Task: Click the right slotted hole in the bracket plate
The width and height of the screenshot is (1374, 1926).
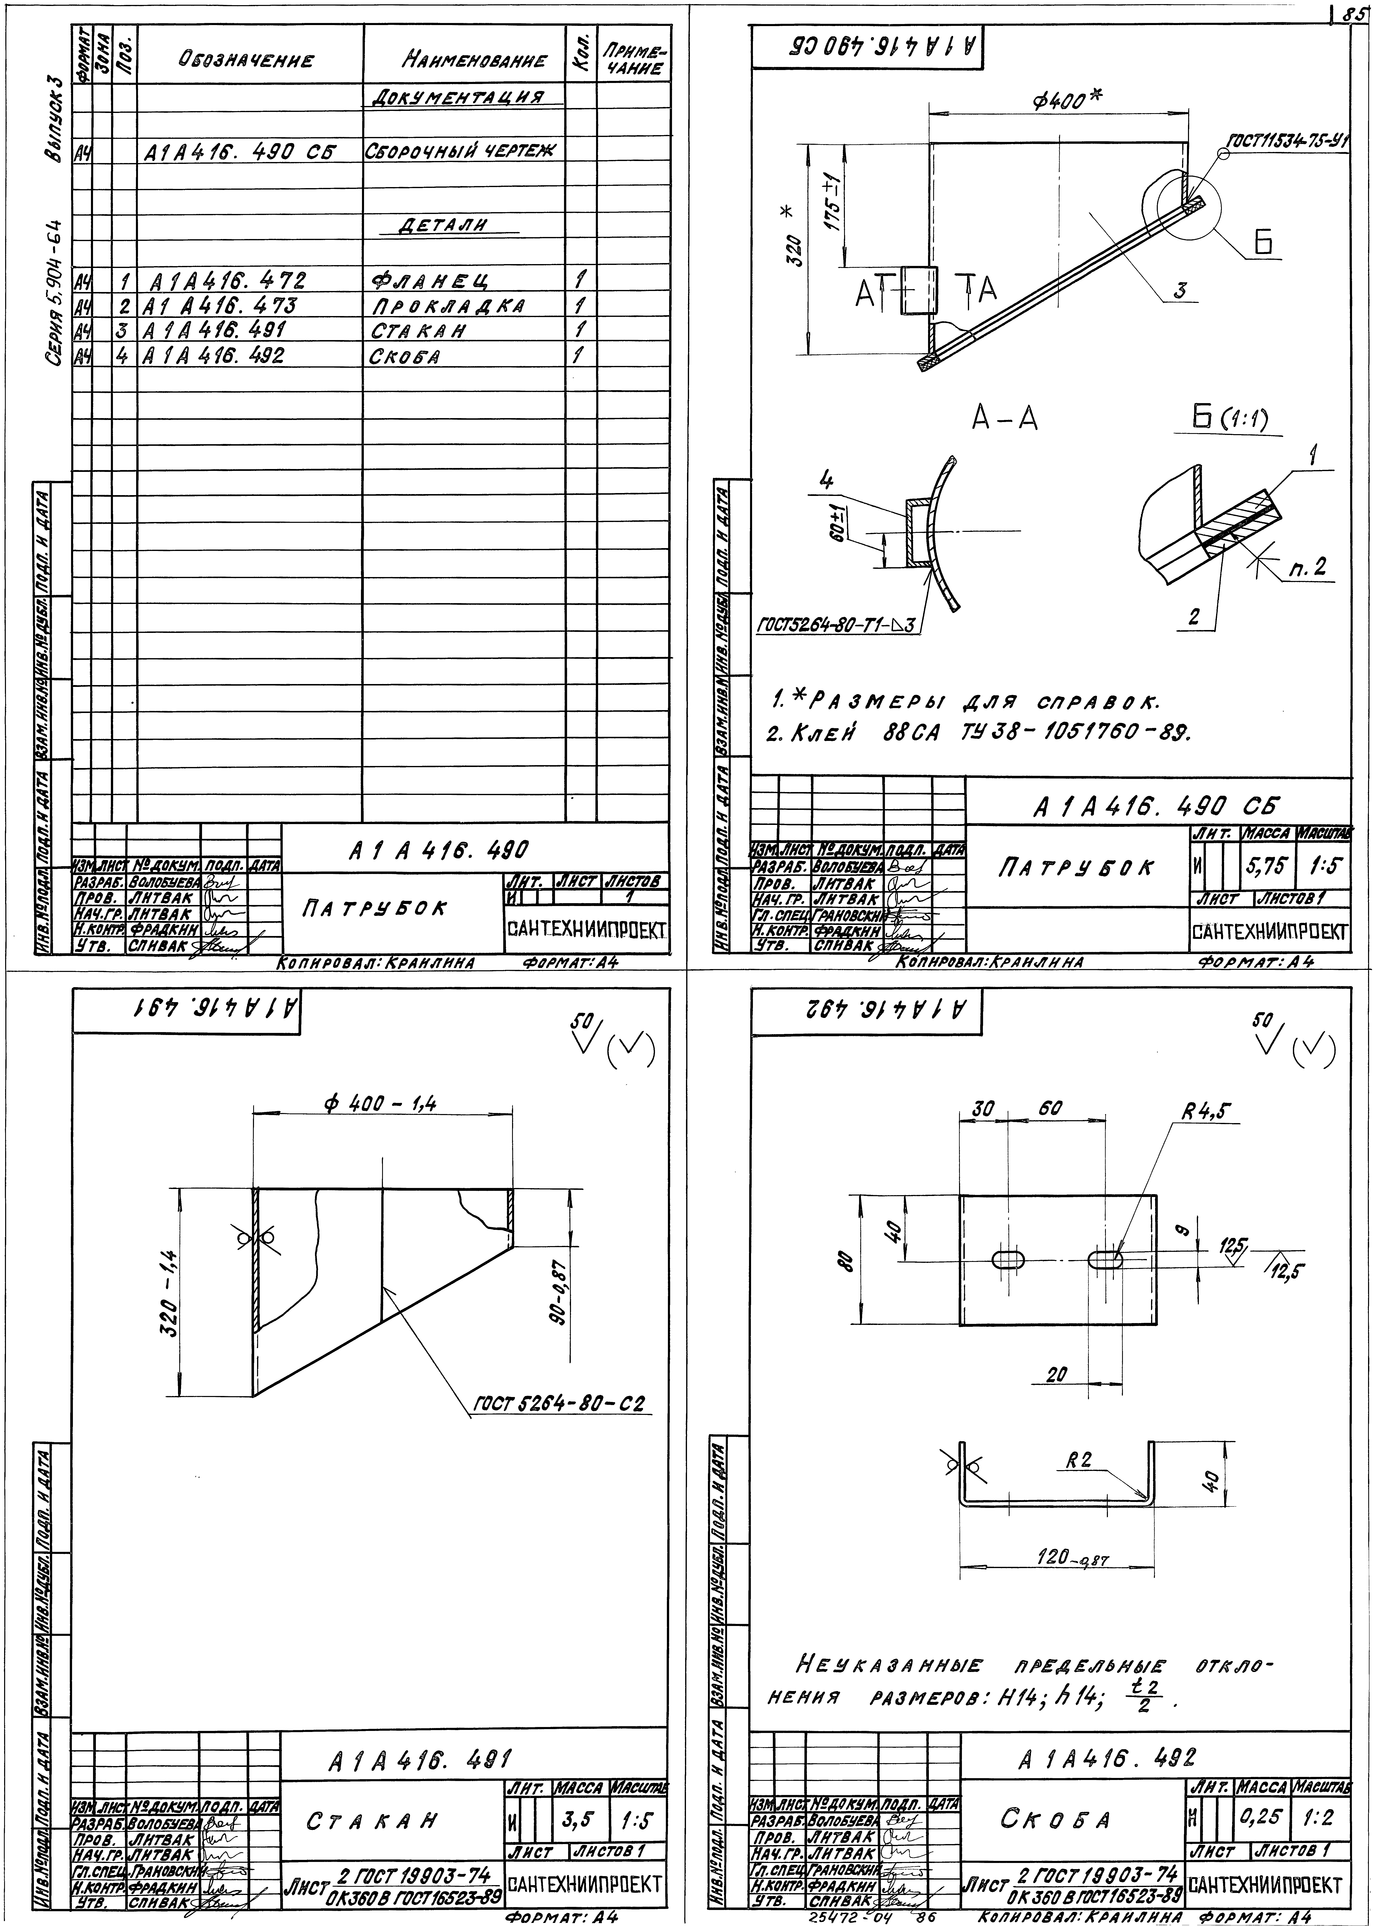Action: [1105, 1260]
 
